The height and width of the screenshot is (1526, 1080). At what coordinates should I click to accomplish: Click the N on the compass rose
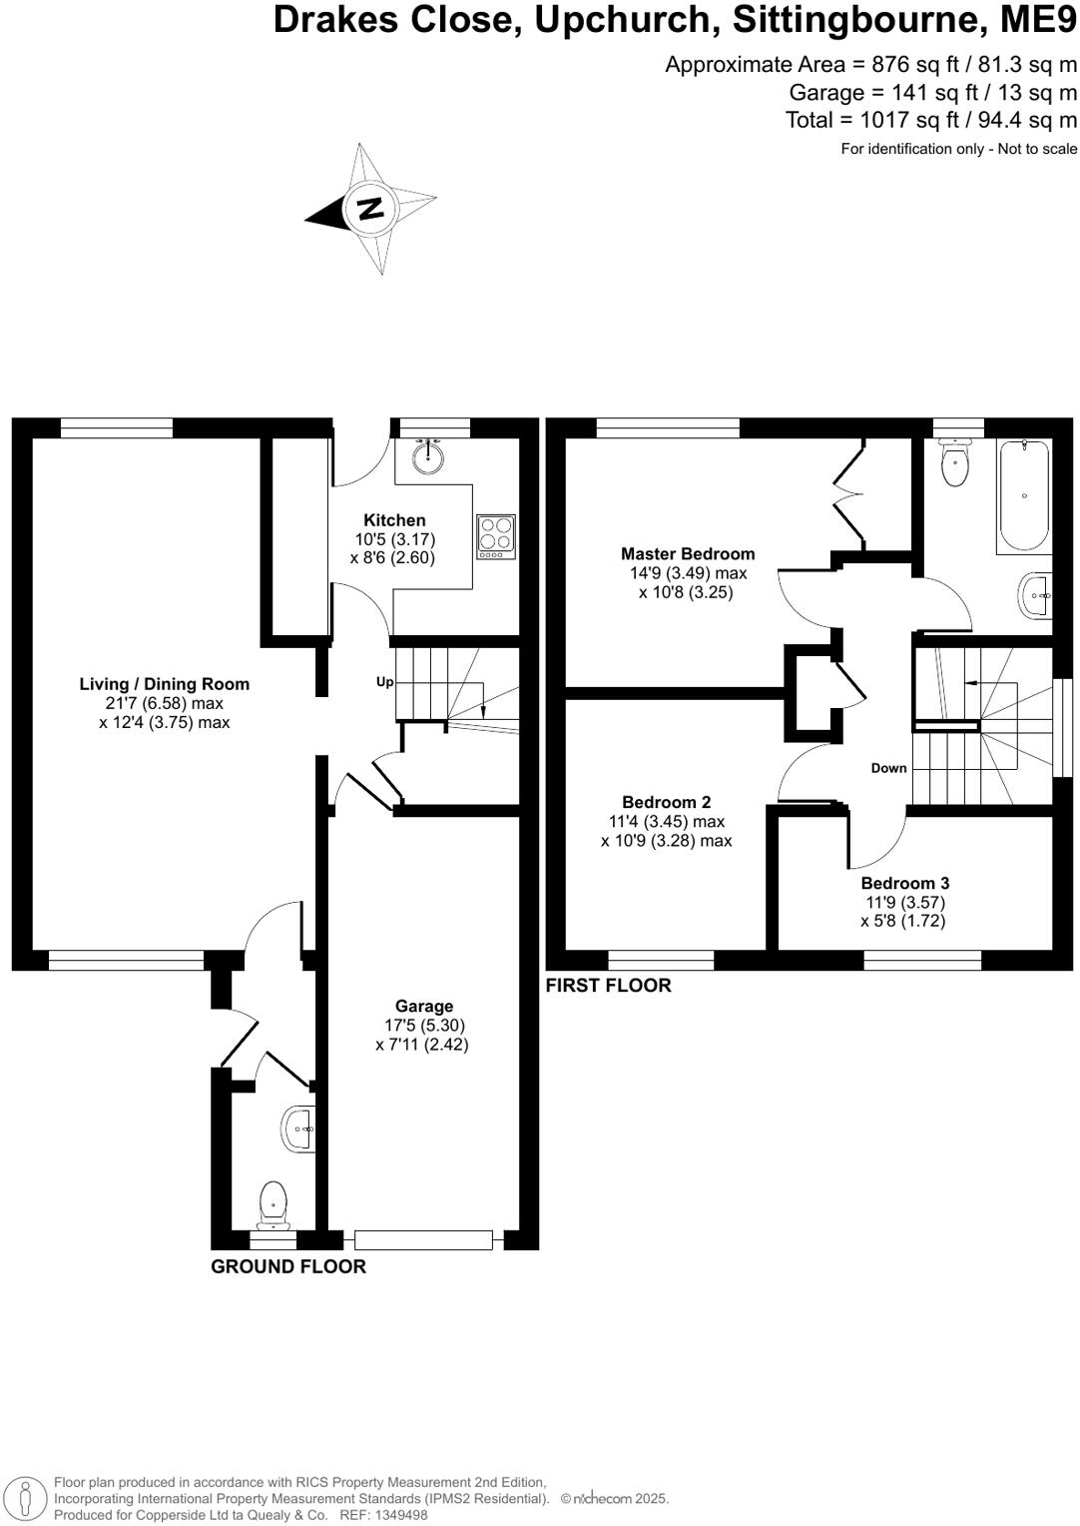coord(370,209)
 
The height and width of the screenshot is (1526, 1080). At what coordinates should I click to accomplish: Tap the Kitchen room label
coord(394,520)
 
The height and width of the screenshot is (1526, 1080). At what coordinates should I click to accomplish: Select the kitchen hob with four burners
coord(496,536)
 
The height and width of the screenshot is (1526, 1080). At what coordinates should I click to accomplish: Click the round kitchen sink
coord(431,457)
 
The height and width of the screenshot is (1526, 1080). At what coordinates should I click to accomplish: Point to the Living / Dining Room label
coord(165,684)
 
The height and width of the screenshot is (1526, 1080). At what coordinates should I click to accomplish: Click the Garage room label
coord(424,1007)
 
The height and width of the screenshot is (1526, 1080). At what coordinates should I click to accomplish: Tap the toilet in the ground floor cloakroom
coord(272,1203)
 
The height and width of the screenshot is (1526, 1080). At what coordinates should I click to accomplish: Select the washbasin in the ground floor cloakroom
coord(299,1129)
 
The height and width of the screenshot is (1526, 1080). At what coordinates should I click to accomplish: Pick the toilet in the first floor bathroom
coord(954,463)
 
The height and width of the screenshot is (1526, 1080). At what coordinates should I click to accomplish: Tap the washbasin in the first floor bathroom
coord(1035,596)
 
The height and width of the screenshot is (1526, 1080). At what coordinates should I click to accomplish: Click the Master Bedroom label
coord(688,553)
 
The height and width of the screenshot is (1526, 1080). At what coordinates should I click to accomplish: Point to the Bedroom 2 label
coord(666,802)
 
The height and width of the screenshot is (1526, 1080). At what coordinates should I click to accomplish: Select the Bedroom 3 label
coord(904,883)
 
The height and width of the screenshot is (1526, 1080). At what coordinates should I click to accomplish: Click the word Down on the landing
coord(888,768)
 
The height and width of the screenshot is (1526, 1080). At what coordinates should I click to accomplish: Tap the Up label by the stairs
coord(384,682)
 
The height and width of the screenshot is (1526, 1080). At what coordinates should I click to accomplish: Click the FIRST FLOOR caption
coord(608,986)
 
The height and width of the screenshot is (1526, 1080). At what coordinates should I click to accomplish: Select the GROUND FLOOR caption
coord(288,1266)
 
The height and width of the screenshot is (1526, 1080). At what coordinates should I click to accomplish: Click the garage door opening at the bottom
coord(423,1240)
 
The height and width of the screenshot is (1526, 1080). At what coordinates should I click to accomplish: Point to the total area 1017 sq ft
coord(931,120)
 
